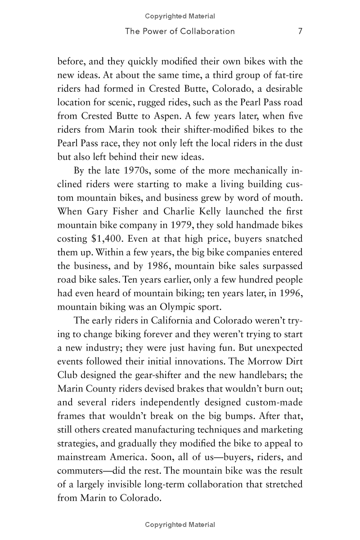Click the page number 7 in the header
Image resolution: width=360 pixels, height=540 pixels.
pos(300,31)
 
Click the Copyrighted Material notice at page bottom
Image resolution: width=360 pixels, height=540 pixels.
pos(180,525)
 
